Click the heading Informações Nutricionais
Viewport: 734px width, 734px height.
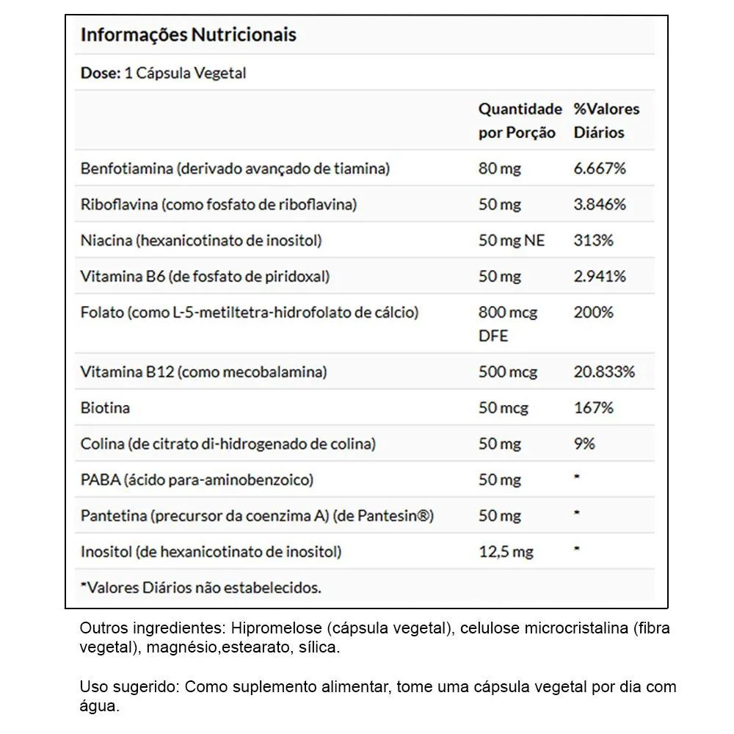[188, 34]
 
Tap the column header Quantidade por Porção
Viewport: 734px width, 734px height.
[520, 121]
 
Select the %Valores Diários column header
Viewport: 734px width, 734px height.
[606, 121]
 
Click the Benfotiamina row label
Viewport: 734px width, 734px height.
[235, 168]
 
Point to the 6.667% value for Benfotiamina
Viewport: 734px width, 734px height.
[600, 168]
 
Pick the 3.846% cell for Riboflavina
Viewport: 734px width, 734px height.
[600, 204]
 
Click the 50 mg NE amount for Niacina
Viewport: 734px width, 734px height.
[512, 240]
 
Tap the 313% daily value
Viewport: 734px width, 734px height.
[593, 240]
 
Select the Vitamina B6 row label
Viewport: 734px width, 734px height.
[205, 276]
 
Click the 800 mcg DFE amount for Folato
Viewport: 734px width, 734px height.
[508, 324]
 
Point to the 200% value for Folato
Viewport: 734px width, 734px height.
[593, 312]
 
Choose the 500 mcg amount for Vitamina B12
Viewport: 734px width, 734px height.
[508, 371]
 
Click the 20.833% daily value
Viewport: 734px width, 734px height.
[603, 371]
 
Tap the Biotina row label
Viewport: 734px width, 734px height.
[105, 407]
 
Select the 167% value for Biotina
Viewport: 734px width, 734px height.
[593, 407]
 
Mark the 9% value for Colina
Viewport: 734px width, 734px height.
[584, 443]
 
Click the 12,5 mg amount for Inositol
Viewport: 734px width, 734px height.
[506, 551]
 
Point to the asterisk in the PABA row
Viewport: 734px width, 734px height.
[577, 478]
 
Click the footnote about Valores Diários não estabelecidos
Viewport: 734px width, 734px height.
[200, 587]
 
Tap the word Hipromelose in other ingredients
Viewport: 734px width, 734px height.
[276, 629]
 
